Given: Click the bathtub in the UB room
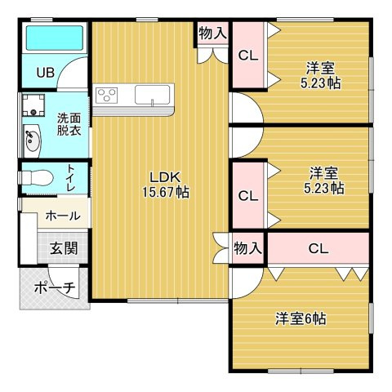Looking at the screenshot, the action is point(55,38).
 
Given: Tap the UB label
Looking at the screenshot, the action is point(46,73).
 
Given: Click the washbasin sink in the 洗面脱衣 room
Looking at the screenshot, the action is point(32,140).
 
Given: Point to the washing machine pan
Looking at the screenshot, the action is point(33,105).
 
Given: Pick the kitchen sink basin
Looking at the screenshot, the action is point(152,95).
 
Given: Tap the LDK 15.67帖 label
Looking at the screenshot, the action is point(166,185).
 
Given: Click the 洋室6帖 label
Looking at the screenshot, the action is point(301,318).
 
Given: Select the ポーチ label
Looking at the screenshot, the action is point(55,287).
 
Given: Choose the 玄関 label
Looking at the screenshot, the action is point(64,248).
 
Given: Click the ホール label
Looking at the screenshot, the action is point(63,216).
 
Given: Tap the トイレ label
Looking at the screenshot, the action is point(71,178).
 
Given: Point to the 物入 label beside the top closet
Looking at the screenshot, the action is point(212,33).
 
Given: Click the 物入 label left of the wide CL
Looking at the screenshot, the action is point(247,248).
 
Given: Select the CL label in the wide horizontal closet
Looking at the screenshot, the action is point(318,248).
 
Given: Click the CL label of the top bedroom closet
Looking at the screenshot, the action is point(248,56).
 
